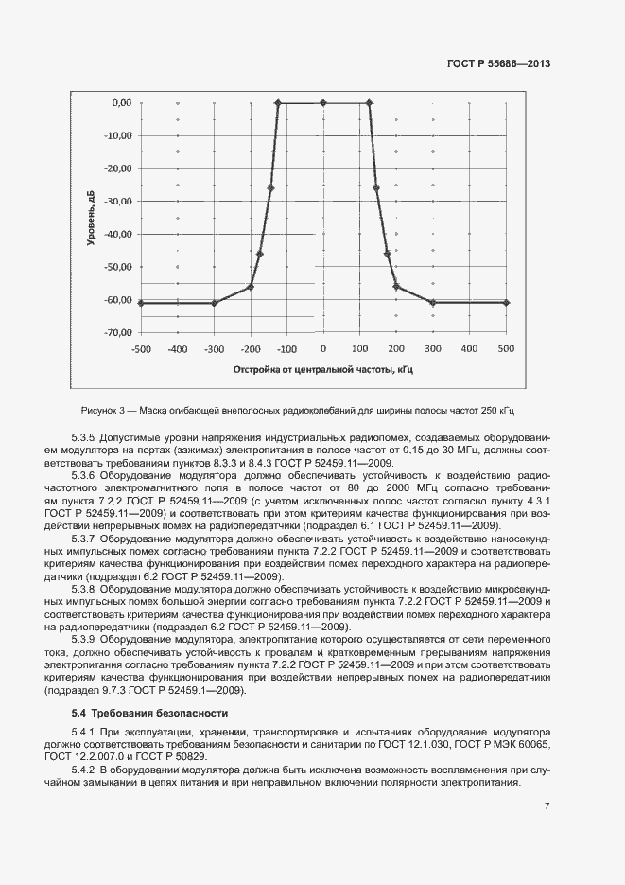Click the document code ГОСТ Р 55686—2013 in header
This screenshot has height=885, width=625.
(498, 64)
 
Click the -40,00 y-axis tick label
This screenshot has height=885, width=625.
(118, 234)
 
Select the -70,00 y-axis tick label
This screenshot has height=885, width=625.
(118, 333)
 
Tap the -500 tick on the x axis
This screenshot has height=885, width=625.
(141, 348)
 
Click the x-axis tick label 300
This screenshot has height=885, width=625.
(432, 348)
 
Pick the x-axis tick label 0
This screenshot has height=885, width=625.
(323, 348)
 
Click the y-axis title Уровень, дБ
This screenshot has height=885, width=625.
(92, 218)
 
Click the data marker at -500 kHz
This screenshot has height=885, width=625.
(141, 303)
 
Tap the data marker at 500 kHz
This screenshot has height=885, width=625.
(507, 302)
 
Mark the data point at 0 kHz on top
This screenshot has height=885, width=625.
(323, 102)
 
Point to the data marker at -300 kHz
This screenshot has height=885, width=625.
(215, 303)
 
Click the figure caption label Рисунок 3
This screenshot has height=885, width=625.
(104, 410)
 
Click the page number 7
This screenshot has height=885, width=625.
(547, 805)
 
